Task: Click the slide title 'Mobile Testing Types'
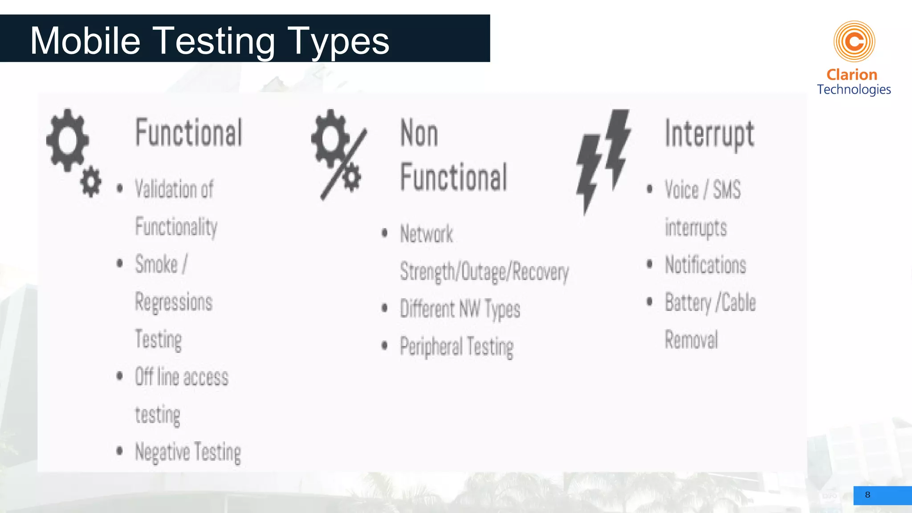coord(209,41)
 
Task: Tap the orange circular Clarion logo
coord(854,41)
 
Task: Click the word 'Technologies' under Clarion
coord(854,90)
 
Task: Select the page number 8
coord(867,495)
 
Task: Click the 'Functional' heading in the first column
coord(189,133)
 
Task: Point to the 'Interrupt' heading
coord(709,134)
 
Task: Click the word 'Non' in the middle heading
coord(419,133)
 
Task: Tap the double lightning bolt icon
coord(604,160)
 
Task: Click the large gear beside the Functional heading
coord(68,140)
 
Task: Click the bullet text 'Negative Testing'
coord(188,452)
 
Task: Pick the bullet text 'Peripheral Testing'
coord(456,347)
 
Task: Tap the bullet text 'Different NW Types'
coord(460,309)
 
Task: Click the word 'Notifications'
coord(705,265)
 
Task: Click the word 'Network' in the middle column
coord(427,234)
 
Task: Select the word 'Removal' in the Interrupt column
coord(691,340)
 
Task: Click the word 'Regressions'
coord(174,302)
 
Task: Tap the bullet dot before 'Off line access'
coord(119,376)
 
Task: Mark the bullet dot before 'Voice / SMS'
coord(650,189)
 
